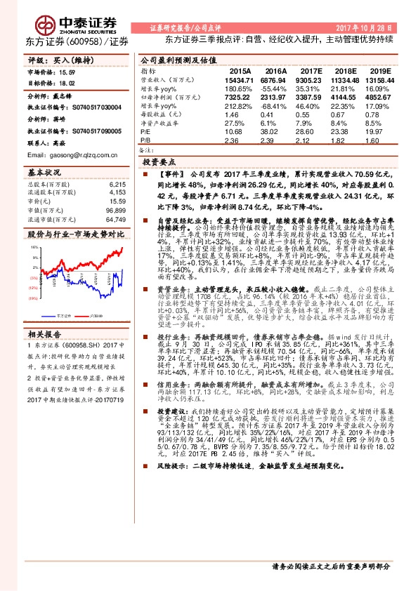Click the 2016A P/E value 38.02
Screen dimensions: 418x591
coord(273,131)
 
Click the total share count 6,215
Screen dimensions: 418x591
coord(118,183)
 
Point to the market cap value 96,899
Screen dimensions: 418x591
coord(116,210)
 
